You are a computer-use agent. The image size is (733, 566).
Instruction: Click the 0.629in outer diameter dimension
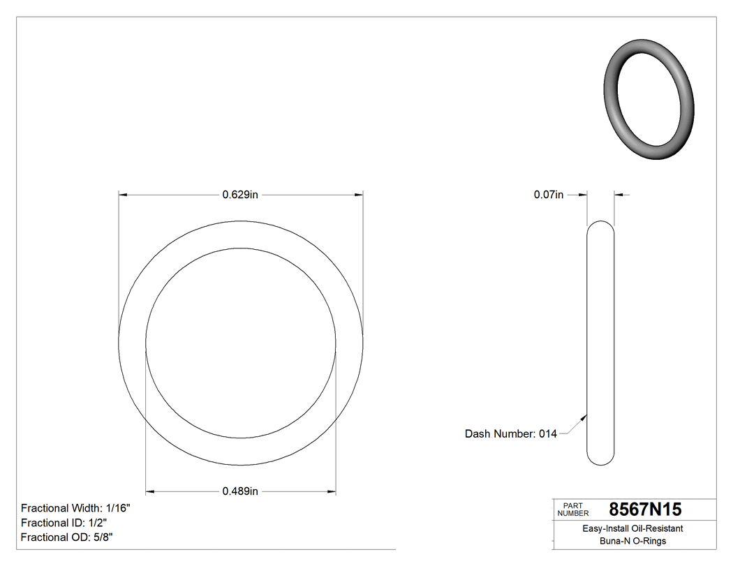[x=240, y=195]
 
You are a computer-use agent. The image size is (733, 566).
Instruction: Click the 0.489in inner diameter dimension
[x=240, y=491]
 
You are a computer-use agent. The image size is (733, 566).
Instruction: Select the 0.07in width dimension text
[x=548, y=195]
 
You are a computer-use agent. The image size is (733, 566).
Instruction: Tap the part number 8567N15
[x=645, y=509]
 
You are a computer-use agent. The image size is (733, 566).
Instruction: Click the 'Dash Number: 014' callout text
[x=510, y=433]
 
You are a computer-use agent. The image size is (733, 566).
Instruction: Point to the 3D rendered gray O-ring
[x=648, y=101]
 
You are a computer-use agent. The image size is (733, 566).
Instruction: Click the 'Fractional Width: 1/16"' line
[x=75, y=508]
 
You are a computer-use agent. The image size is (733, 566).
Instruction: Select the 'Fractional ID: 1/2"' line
[x=64, y=523]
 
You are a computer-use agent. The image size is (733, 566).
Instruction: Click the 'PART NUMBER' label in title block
[x=574, y=509]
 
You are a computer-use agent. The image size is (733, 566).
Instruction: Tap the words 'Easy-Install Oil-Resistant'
[x=632, y=529]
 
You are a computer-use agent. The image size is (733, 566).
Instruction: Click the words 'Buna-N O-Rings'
[x=632, y=542]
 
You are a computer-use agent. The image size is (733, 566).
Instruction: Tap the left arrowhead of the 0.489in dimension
[x=149, y=491]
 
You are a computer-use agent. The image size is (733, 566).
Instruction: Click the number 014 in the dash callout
[x=548, y=433]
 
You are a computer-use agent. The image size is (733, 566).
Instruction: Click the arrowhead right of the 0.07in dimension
[x=618, y=195]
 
